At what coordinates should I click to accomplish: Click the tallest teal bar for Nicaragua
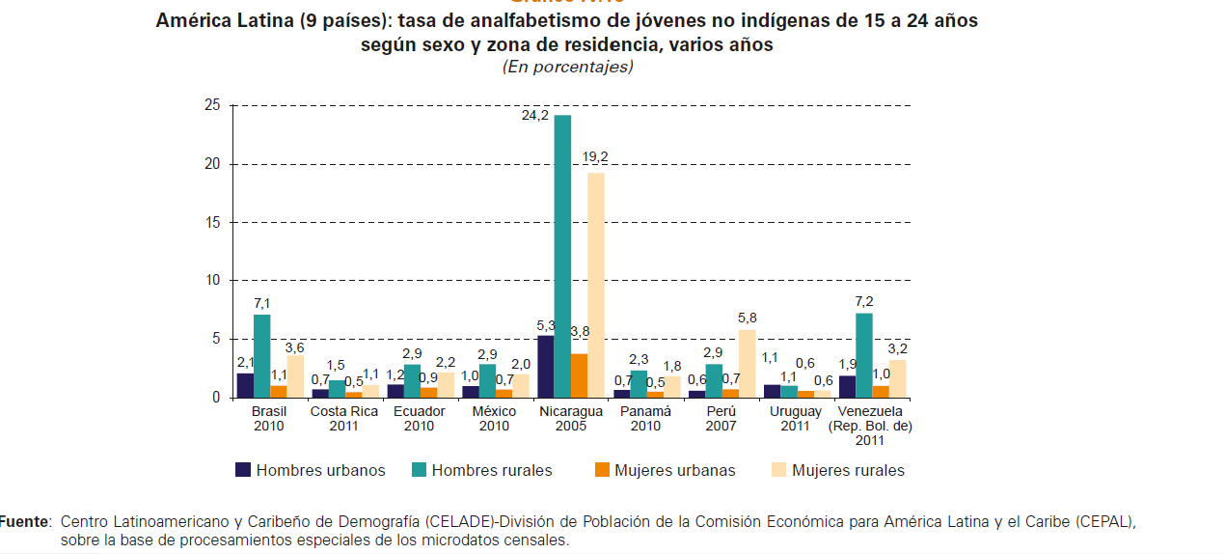(562, 256)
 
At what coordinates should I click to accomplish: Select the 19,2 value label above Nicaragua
(595, 157)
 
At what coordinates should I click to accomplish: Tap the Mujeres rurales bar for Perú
(747, 364)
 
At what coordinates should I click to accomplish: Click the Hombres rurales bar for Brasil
(261, 355)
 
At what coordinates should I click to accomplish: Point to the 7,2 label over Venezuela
(863, 300)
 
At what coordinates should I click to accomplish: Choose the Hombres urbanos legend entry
(311, 470)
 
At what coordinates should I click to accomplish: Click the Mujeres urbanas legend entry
(665, 470)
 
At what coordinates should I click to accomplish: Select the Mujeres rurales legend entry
(838, 470)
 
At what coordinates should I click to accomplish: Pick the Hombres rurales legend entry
(482, 470)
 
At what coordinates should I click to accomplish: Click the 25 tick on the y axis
(212, 105)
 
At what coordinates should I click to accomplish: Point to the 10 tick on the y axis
(212, 280)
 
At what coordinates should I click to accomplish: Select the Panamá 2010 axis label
(645, 418)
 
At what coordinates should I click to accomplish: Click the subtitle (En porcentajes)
(567, 67)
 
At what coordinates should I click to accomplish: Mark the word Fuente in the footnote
(24, 521)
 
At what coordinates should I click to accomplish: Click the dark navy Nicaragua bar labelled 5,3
(546, 366)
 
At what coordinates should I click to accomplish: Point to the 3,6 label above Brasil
(295, 346)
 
